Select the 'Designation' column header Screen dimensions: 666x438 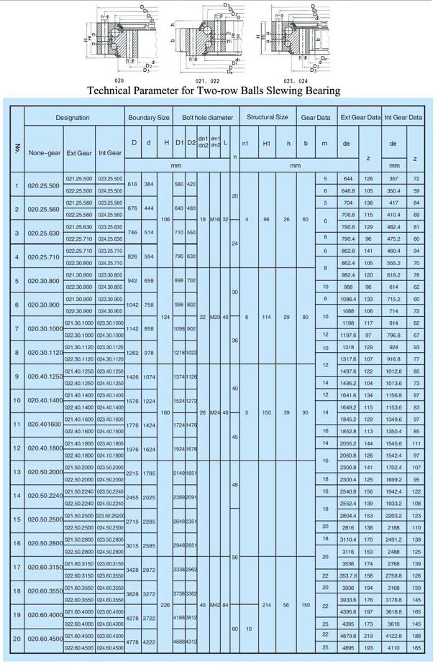[73, 117]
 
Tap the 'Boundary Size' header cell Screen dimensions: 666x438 [148, 117]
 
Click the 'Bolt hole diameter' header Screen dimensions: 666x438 [207, 117]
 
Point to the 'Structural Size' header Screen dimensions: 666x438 [267, 117]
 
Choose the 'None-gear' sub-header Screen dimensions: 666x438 [44, 152]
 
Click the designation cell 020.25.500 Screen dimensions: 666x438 [42, 185]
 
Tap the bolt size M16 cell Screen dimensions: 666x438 [214, 219]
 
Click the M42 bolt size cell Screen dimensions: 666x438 [214, 605]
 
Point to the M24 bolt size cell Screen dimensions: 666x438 [214, 412]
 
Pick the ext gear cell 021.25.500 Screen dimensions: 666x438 [78, 178]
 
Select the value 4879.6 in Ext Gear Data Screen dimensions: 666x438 [348, 635]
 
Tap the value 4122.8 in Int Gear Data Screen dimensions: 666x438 [393, 635]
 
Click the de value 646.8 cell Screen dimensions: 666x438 [348, 191]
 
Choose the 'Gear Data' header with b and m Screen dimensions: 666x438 [316, 117]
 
